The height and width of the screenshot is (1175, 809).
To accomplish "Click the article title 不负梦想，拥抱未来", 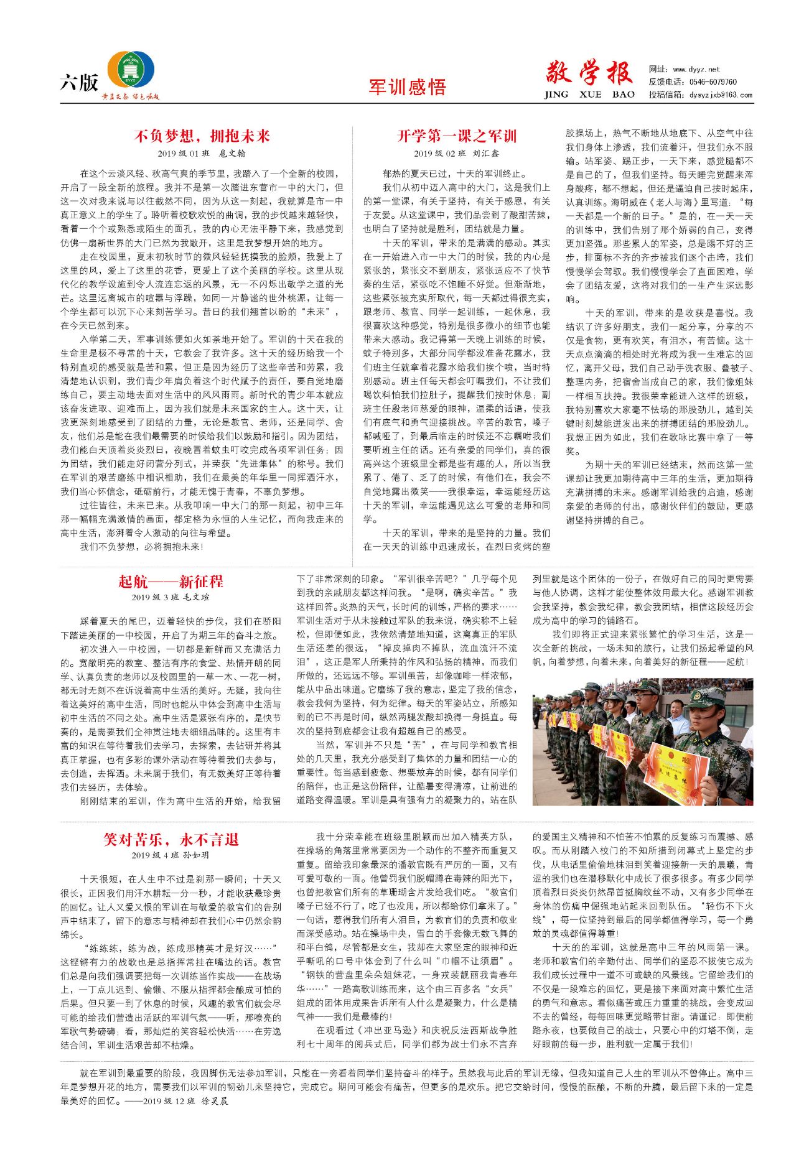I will pos(202,136).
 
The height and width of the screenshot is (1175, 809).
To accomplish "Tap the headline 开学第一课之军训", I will pos(457,136).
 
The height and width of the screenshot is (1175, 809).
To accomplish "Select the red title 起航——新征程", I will pos(171,582).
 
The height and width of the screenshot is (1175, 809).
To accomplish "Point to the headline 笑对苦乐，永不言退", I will pos(171,839).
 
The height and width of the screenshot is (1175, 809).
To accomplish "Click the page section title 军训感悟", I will pos(407,87).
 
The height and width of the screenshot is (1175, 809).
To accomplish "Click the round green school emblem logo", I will pos(131,70).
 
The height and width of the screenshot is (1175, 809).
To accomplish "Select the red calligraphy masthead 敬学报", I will pos(589,73).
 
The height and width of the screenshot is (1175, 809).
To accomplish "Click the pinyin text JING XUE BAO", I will pos(589,95).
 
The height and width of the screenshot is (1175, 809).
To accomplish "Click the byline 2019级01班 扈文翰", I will pos(202,153).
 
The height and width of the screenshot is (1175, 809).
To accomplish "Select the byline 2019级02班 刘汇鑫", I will pos(457,153).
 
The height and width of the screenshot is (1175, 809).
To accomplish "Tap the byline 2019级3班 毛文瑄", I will pos(171,597).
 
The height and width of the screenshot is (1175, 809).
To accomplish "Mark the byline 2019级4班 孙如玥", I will pos(171,855).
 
